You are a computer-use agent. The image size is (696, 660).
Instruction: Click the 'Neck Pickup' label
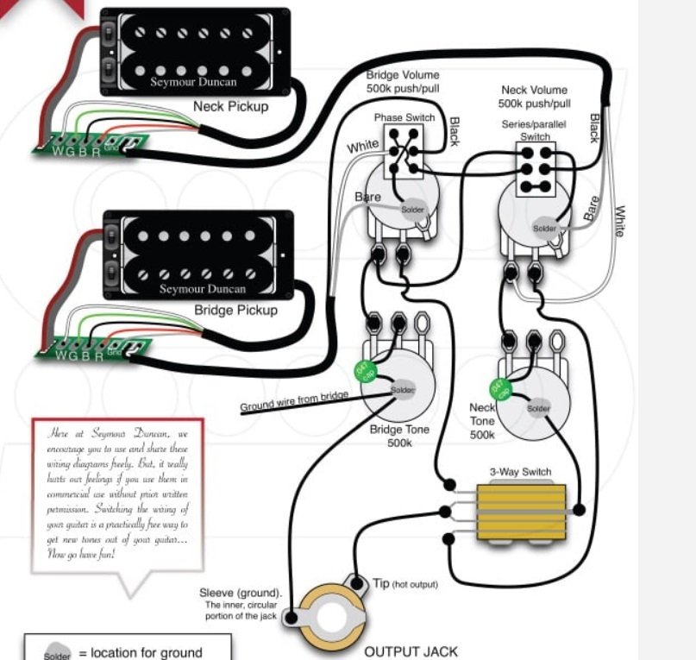(230, 107)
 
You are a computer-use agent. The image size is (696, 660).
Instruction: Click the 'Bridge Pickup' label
(235, 310)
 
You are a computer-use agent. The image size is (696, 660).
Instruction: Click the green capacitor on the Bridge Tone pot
(366, 374)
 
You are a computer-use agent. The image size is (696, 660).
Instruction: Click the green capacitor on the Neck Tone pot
(498, 389)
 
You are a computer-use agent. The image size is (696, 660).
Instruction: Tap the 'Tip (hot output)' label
(405, 584)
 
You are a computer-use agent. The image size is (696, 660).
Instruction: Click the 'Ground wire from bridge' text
(294, 399)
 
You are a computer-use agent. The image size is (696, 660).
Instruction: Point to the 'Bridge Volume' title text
(402, 75)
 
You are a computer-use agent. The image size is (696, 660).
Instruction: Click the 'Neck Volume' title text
(535, 90)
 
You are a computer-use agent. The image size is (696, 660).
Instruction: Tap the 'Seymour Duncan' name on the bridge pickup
(203, 289)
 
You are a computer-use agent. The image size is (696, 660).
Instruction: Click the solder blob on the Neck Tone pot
(538, 408)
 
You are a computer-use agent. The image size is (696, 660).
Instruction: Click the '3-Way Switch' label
(520, 472)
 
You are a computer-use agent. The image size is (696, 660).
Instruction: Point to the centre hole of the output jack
(331, 619)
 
